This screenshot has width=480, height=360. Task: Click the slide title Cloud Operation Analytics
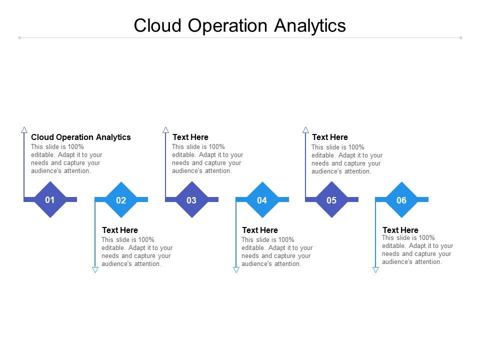(239, 25)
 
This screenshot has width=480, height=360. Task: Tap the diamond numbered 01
(50, 200)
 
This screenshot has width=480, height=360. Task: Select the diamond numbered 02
(121, 200)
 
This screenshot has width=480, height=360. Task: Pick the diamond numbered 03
(191, 200)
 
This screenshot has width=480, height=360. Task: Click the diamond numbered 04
(262, 200)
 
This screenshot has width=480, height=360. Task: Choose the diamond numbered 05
(331, 200)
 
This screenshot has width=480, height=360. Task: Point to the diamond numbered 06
(401, 200)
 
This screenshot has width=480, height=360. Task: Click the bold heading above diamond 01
(81, 137)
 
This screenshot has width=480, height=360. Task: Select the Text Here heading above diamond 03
(190, 137)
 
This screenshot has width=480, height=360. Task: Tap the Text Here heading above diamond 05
(330, 137)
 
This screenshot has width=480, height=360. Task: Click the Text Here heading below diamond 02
(120, 230)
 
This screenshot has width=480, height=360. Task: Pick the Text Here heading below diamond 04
(260, 230)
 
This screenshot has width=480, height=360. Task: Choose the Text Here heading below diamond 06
(400, 230)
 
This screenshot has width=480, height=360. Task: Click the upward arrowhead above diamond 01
(24, 129)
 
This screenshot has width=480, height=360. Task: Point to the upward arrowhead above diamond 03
(165, 129)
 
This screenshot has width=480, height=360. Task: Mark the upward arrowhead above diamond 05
(305, 129)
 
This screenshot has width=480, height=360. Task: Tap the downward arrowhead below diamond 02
(95, 270)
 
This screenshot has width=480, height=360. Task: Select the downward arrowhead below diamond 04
(236, 270)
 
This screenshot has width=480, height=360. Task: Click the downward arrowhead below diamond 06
(375, 270)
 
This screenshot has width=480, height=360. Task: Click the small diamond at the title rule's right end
(460, 37)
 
